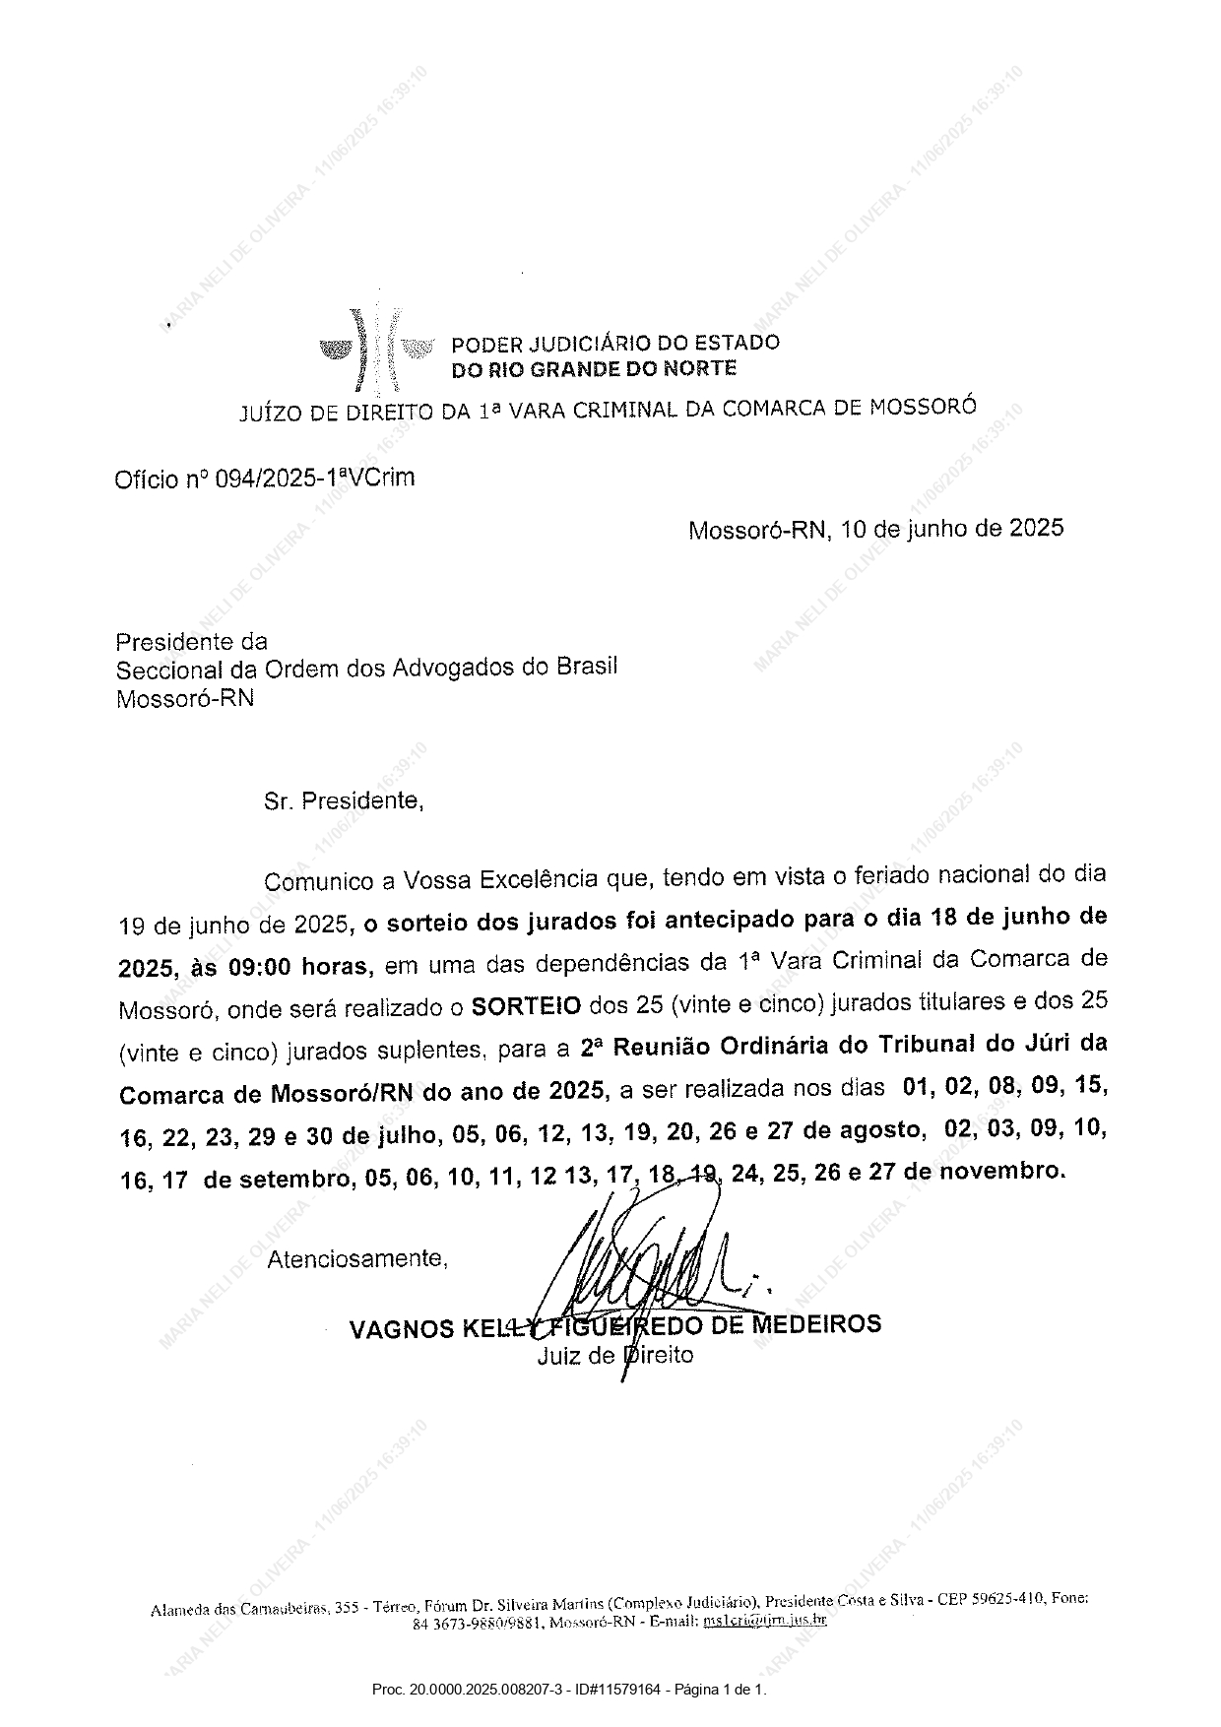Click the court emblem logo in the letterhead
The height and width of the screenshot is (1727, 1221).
(377, 349)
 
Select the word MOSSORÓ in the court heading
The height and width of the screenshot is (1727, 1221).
(923, 406)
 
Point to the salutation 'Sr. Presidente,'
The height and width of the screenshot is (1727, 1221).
(344, 800)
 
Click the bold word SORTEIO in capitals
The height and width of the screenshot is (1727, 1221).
(526, 1005)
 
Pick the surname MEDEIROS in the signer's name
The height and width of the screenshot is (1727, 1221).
(816, 1323)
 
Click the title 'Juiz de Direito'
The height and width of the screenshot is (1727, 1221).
(615, 1356)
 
